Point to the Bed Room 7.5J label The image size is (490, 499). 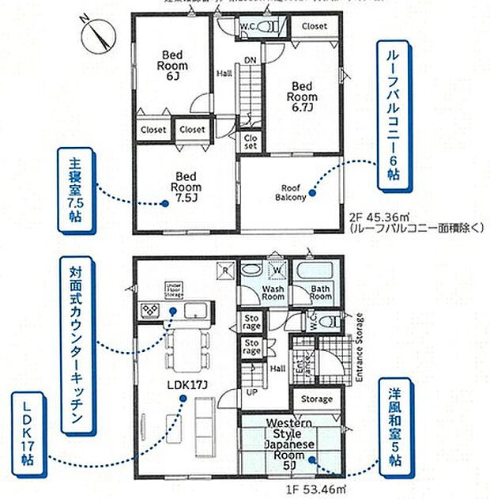click(187, 187)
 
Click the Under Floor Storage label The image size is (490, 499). click(175, 289)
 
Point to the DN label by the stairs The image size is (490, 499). click(248, 60)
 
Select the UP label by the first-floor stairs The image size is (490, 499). click(252, 392)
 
